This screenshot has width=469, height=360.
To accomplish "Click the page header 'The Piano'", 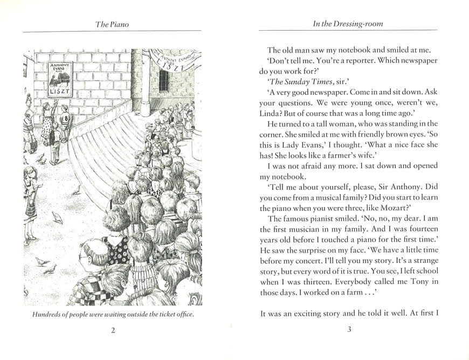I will pyautogui.click(x=112, y=24).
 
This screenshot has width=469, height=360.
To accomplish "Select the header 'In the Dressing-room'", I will pyautogui.click(x=349, y=24).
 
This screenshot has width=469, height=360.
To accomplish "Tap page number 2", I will pyautogui.click(x=113, y=330).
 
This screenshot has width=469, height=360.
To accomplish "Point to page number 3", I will pyautogui.click(x=349, y=330).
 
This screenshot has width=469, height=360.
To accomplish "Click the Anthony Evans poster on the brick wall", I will pyautogui.click(x=60, y=79).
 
